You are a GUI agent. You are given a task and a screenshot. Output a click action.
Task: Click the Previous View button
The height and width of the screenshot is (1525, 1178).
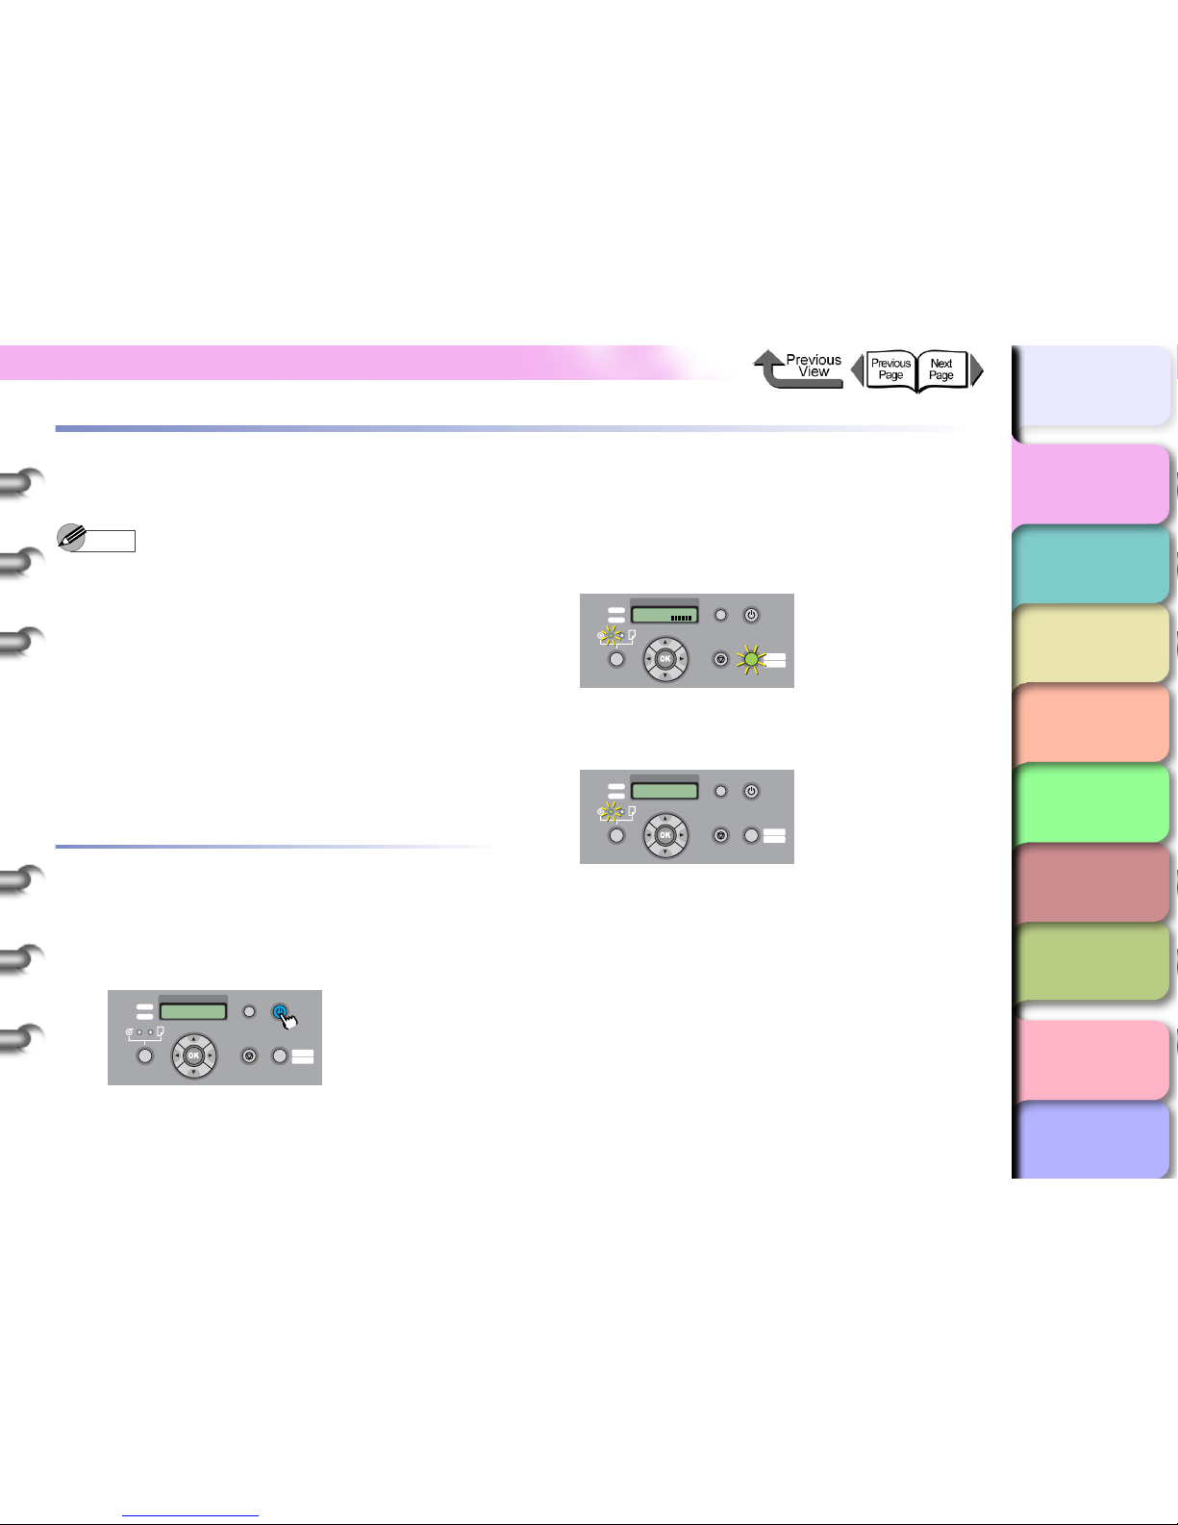[x=799, y=369]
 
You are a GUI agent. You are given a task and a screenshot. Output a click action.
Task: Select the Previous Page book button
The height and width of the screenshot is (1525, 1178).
[x=890, y=369]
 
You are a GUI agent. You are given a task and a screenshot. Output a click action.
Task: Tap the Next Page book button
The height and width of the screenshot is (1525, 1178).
[x=942, y=369]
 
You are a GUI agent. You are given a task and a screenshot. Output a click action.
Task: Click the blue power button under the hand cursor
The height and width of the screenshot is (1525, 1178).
[x=279, y=1012]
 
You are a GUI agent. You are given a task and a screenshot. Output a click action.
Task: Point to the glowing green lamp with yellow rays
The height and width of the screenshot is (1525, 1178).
[x=751, y=660]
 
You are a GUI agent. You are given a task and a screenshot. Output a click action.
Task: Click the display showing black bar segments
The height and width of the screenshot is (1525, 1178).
[x=664, y=615]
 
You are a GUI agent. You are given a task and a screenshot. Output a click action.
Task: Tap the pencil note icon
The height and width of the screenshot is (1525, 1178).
[x=70, y=537]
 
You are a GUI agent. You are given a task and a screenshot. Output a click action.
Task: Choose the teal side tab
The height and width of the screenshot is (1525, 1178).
[x=1091, y=565]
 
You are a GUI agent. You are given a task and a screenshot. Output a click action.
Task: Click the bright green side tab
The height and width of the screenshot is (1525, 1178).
[x=1091, y=803]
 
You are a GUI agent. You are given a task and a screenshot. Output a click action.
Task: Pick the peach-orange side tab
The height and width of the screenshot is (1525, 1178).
[x=1091, y=724]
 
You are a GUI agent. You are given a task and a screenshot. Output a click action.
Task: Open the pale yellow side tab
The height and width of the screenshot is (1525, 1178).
[x=1091, y=644]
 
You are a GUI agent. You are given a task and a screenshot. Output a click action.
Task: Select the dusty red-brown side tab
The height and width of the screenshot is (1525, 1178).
[x=1091, y=883]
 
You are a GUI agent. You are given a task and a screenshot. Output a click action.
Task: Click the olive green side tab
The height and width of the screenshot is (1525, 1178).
[x=1091, y=962]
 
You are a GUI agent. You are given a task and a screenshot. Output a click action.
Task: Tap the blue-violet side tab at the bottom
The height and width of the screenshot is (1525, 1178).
[x=1091, y=1140]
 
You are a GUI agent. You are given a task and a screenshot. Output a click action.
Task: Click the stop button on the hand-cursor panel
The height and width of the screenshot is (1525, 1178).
[x=249, y=1055]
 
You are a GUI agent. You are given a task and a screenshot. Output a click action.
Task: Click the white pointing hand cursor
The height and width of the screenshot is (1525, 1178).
[x=288, y=1019]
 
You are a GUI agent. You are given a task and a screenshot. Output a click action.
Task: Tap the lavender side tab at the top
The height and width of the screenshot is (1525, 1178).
[x=1091, y=385]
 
